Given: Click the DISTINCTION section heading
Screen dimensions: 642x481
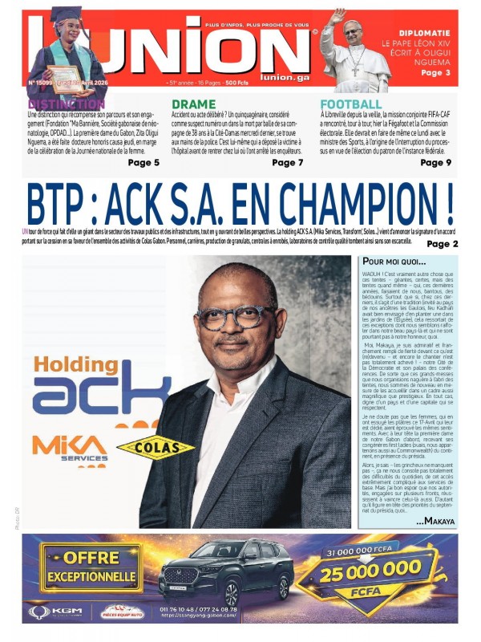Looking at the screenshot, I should coord(67,104).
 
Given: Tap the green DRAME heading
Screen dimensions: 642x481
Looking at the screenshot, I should coord(193,104).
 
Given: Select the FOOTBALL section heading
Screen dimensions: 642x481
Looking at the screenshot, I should coord(351,104).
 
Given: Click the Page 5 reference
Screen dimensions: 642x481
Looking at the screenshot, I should coord(143,163).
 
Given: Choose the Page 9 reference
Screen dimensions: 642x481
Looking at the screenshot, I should coord(436,163).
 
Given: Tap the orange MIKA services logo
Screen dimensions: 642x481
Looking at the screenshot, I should coord(69,448).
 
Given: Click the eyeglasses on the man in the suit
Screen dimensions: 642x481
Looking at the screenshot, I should coord(236,317).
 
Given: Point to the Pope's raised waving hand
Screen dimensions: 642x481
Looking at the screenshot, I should coord(338,17).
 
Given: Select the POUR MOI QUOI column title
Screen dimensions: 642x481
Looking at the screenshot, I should coord(394,262).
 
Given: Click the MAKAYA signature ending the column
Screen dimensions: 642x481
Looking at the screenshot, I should coord(435,522).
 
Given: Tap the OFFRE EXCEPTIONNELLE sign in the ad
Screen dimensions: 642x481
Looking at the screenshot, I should coord(91,567).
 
